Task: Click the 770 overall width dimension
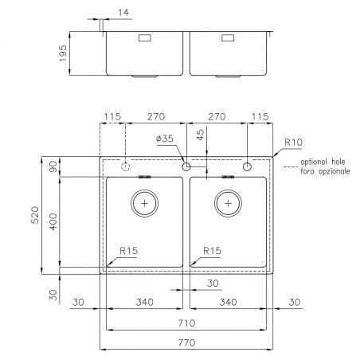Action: (x=186, y=342)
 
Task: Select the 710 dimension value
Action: (x=186, y=323)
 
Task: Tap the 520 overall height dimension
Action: (x=35, y=215)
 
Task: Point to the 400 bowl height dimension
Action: (x=53, y=221)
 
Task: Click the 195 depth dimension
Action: (x=63, y=53)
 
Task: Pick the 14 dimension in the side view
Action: (x=123, y=13)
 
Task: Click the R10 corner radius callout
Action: (x=293, y=143)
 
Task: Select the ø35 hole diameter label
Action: (x=165, y=139)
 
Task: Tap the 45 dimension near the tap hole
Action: (x=201, y=135)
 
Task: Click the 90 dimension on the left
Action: (x=53, y=166)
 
